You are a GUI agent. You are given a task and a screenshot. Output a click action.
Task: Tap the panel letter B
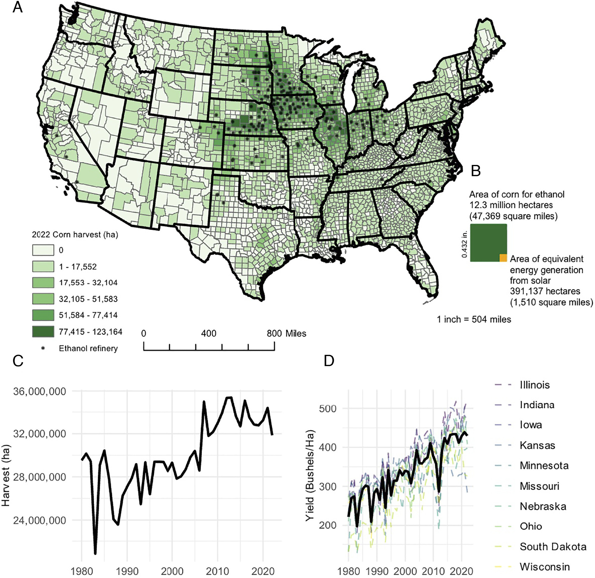pyautogui.click(x=475, y=171)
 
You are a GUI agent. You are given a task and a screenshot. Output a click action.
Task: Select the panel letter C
pyautogui.click(x=18, y=361)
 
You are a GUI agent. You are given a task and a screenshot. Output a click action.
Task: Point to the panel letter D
pyautogui.click(x=329, y=361)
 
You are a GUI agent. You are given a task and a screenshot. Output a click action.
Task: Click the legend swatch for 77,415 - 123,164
pyautogui.click(x=43, y=332)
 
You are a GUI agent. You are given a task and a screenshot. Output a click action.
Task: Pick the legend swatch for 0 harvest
pyautogui.click(x=43, y=250)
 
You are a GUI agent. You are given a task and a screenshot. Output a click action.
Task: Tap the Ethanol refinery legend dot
pyautogui.click(x=43, y=348)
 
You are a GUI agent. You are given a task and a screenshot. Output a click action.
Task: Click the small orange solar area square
pyautogui.click(x=503, y=258)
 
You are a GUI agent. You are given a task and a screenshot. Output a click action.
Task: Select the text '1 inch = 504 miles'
pyautogui.click(x=474, y=319)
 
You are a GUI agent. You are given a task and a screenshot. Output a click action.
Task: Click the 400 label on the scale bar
pyautogui.click(x=209, y=333)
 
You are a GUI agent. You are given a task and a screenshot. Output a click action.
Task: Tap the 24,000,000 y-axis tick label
pyautogui.click(x=40, y=520)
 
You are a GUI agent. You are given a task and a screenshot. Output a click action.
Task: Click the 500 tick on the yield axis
pyautogui.click(x=328, y=408)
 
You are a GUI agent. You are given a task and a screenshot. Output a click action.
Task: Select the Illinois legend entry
pyautogui.click(x=535, y=385)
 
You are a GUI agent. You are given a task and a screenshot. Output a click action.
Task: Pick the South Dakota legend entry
pyautogui.click(x=553, y=546)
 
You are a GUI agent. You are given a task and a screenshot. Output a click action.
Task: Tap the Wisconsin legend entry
pyautogui.click(x=544, y=567)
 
